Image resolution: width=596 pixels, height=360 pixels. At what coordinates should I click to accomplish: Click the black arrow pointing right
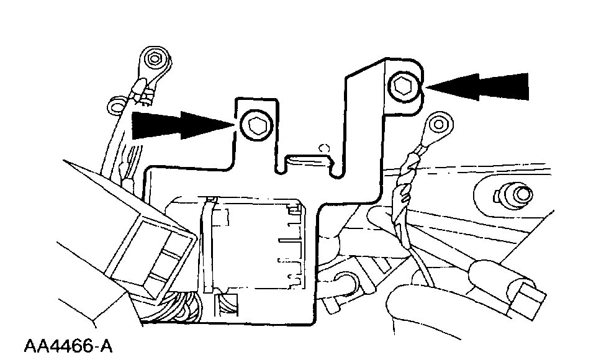click(180, 124)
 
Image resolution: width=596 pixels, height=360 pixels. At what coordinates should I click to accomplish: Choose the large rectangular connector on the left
click(146, 248)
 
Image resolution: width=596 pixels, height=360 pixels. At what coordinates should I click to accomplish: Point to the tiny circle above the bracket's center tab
click(322, 148)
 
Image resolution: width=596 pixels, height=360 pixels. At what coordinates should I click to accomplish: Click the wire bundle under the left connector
click(180, 310)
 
